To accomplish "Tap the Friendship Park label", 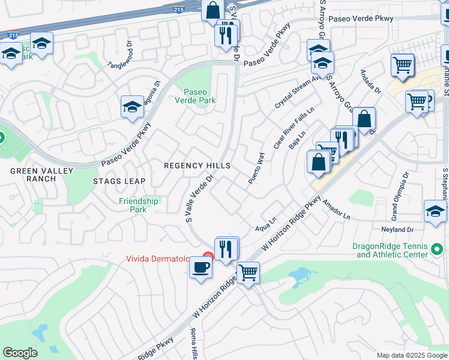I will pos(138,205).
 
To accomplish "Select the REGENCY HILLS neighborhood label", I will pos(197,166).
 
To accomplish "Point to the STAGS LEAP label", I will pos(119,181).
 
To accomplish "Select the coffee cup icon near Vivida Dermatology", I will pos(200,267).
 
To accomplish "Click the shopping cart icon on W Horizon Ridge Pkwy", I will pos(248,273).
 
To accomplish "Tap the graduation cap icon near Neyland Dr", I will pos(435,211).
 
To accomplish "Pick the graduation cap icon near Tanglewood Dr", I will pos(132,107).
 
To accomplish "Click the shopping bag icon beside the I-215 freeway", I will pos(212,10).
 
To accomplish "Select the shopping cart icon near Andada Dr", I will pos(402,64).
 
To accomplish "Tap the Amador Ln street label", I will pos(336,210).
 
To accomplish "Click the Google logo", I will pos(20,353).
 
